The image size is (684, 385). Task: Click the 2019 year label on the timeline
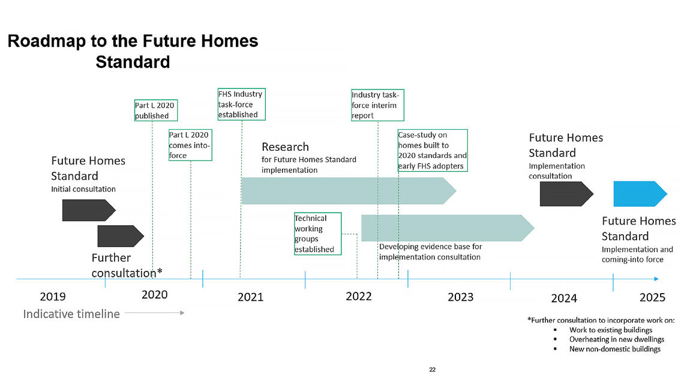click(x=53, y=296)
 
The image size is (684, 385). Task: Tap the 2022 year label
click(x=359, y=296)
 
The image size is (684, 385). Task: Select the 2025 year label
click(x=652, y=297)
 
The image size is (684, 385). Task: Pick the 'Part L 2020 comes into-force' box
click(x=190, y=145)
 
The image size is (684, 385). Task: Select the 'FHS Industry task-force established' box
click(x=240, y=105)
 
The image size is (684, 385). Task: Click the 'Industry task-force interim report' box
click(x=376, y=105)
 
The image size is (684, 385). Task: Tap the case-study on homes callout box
click(x=432, y=150)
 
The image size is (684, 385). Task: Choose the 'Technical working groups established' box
click(x=317, y=234)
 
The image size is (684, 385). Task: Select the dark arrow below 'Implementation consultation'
click(x=566, y=194)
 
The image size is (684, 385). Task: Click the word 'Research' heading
click(x=285, y=147)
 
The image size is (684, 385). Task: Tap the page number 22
click(x=432, y=369)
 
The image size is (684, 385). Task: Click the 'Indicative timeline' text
click(x=71, y=314)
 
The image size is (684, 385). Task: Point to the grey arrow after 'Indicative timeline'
click(x=154, y=313)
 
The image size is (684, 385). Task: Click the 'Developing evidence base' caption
click(x=430, y=252)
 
